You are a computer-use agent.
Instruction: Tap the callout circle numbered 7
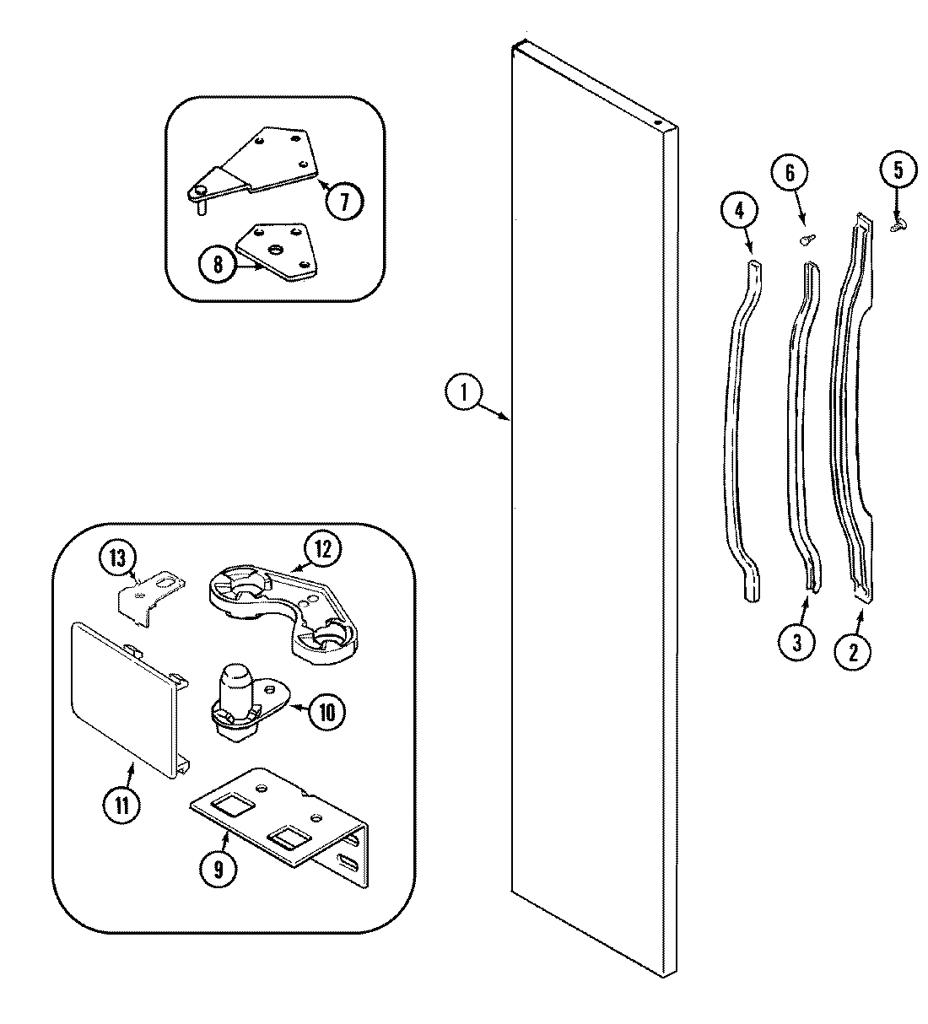coord(345,201)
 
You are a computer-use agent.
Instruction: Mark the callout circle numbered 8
coord(218,265)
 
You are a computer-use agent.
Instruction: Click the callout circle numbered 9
coord(219,870)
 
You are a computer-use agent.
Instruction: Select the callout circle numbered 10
coord(326,713)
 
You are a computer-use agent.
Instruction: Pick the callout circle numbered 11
coord(123,804)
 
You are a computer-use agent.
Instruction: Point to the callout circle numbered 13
coord(116,558)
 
